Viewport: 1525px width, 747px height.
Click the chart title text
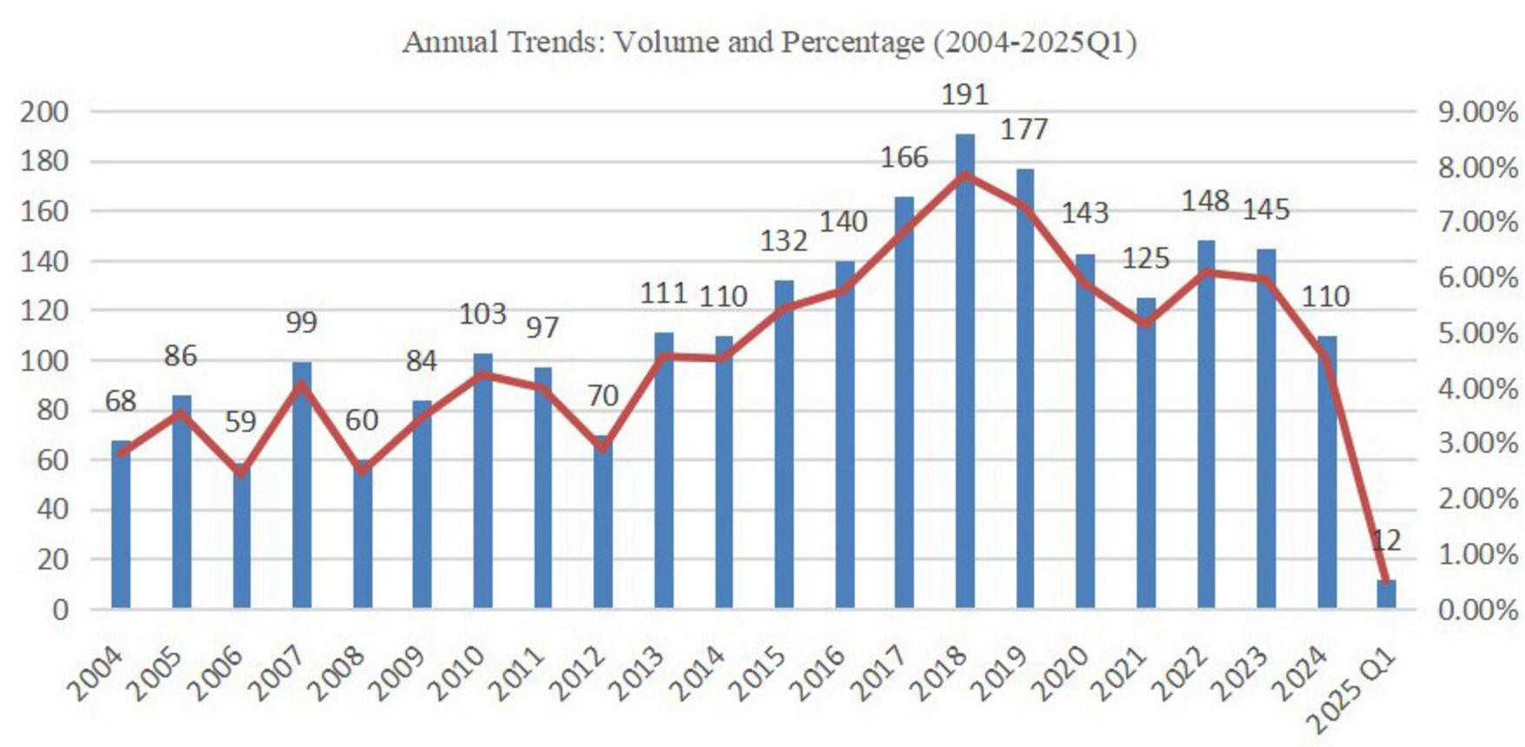click(x=769, y=42)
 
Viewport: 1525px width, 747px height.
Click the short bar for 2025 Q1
click(x=1386, y=594)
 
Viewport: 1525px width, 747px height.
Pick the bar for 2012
click(x=603, y=522)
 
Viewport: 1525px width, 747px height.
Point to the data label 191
click(x=965, y=94)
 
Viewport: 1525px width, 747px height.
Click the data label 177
click(x=1024, y=130)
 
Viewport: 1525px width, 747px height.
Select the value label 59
click(x=241, y=422)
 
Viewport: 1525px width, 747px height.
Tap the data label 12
click(x=1386, y=541)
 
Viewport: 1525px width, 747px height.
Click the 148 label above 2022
click(x=1205, y=201)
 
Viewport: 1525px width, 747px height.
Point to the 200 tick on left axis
click(x=43, y=111)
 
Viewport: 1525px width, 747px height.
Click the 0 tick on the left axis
click(x=59, y=609)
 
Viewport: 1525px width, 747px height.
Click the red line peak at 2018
click(x=965, y=175)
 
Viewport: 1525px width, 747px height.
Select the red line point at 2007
click(x=302, y=384)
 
